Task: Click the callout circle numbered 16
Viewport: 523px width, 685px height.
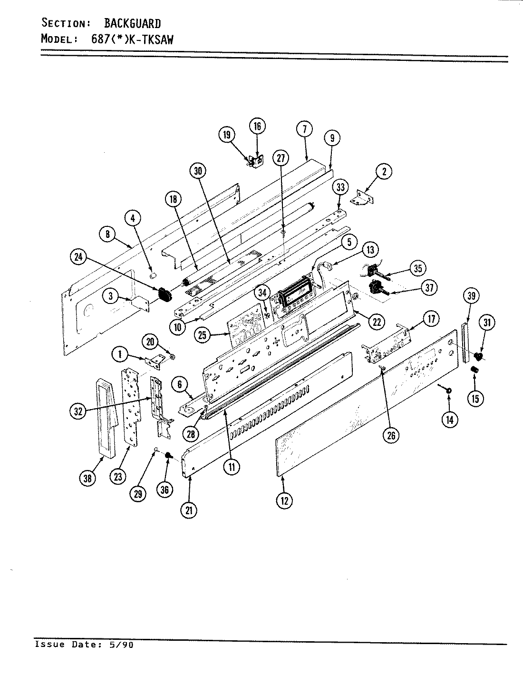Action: point(257,127)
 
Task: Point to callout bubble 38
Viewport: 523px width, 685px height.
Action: point(87,478)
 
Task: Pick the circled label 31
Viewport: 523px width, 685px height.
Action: point(487,323)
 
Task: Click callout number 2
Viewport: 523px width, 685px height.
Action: point(384,171)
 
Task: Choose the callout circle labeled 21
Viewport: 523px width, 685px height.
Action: point(189,510)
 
